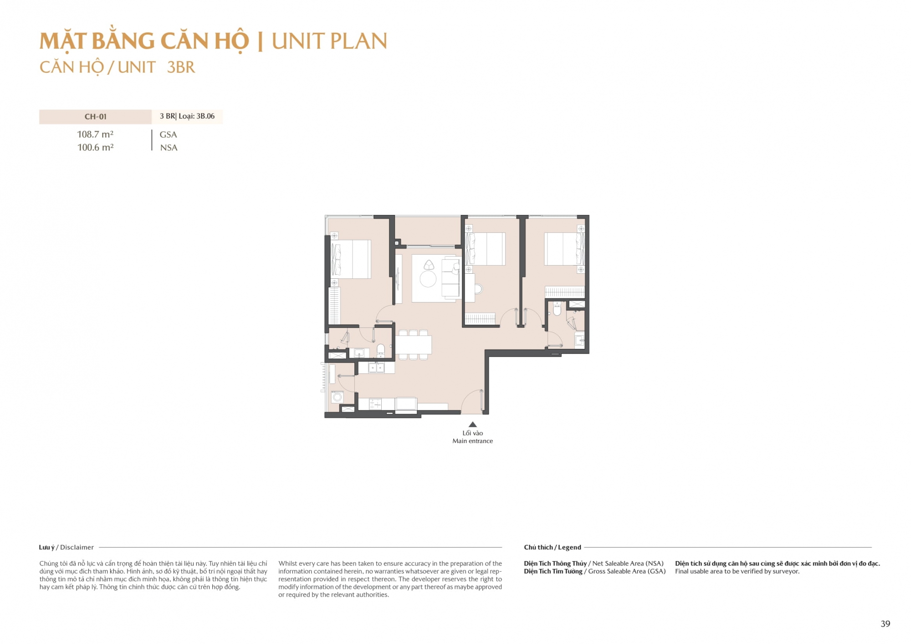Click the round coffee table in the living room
[428, 279]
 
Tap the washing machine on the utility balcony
[338, 397]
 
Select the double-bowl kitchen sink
[376, 367]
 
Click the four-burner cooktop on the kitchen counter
[375, 404]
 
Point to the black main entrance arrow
[473, 424]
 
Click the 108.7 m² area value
[95, 134]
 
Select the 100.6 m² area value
[95, 148]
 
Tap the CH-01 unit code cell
[96, 117]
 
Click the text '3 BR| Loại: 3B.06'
[187, 116]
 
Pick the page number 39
[885, 624]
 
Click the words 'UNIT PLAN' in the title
[329, 41]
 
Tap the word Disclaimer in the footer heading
[77, 547]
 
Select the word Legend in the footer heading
[569, 547]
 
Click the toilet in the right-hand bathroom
[557, 309]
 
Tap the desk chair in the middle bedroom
[478, 289]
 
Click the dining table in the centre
[413, 345]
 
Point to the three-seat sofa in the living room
[450, 278]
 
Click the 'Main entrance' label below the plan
[472, 441]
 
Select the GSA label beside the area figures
[168, 135]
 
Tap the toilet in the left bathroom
[381, 350]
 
